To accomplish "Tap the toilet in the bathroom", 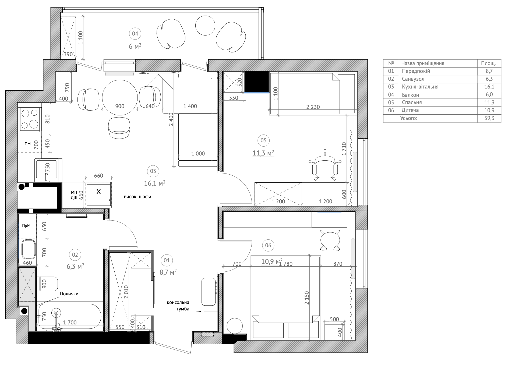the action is (x=49, y=284).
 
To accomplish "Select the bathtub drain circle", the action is (x=56, y=313).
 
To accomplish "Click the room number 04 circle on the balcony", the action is (x=135, y=34).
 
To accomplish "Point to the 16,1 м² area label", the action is (x=155, y=183).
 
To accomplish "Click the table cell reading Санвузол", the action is (x=413, y=79).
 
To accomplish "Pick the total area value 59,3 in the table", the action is (x=489, y=118).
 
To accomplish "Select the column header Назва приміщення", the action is (x=423, y=63).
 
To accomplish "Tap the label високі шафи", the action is (x=137, y=197).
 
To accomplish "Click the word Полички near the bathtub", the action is (x=69, y=293).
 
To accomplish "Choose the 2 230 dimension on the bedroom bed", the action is (x=313, y=107).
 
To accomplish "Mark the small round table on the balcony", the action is (x=205, y=25).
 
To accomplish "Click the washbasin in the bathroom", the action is (x=29, y=249).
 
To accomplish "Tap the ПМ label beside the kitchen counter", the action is (x=27, y=144).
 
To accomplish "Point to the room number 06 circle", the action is (x=268, y=245).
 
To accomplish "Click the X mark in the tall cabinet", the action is (x=99, y=192).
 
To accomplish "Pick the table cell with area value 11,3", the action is (x=489, y=102).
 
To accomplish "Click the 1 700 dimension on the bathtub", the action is (x=70, y=323).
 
